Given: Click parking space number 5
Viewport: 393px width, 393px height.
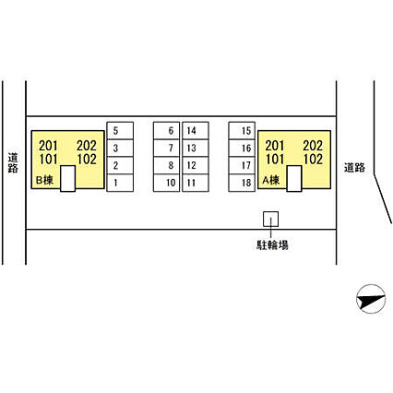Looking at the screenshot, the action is coord(120,131).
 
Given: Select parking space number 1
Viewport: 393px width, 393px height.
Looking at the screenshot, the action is coord(120,183).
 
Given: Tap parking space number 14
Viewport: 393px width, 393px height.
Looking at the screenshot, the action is coord(196,131).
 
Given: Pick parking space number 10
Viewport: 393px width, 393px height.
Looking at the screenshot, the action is coord(166,183).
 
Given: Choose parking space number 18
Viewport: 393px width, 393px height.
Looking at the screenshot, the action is coord(242,183).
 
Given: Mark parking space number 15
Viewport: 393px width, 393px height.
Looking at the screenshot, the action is coord(242,131).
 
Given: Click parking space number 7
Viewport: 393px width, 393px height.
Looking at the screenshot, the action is coord(166,149).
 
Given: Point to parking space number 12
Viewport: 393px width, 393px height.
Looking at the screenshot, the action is coord(196,165).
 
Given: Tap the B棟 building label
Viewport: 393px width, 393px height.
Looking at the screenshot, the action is coord(44,180).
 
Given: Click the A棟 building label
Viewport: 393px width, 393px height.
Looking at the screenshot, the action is coord(271,180).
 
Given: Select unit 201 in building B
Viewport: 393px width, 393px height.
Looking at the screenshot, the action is coord(48,146).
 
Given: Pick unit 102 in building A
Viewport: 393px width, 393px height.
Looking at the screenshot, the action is coord(313,160).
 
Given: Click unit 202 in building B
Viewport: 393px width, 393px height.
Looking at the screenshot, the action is coord(87,146).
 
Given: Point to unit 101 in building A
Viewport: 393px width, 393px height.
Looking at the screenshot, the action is coord(275,160).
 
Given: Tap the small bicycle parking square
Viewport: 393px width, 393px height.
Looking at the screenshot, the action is coord(271,219).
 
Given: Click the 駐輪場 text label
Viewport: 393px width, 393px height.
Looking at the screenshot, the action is coord(272,245).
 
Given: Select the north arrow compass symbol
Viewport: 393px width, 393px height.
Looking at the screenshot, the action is coord(371,299).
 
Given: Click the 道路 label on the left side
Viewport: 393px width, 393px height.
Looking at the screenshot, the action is coord(13,163).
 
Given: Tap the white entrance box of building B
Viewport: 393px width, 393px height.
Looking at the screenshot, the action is coord(67,178).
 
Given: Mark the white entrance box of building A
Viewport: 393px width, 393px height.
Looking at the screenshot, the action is coord(294,178).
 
